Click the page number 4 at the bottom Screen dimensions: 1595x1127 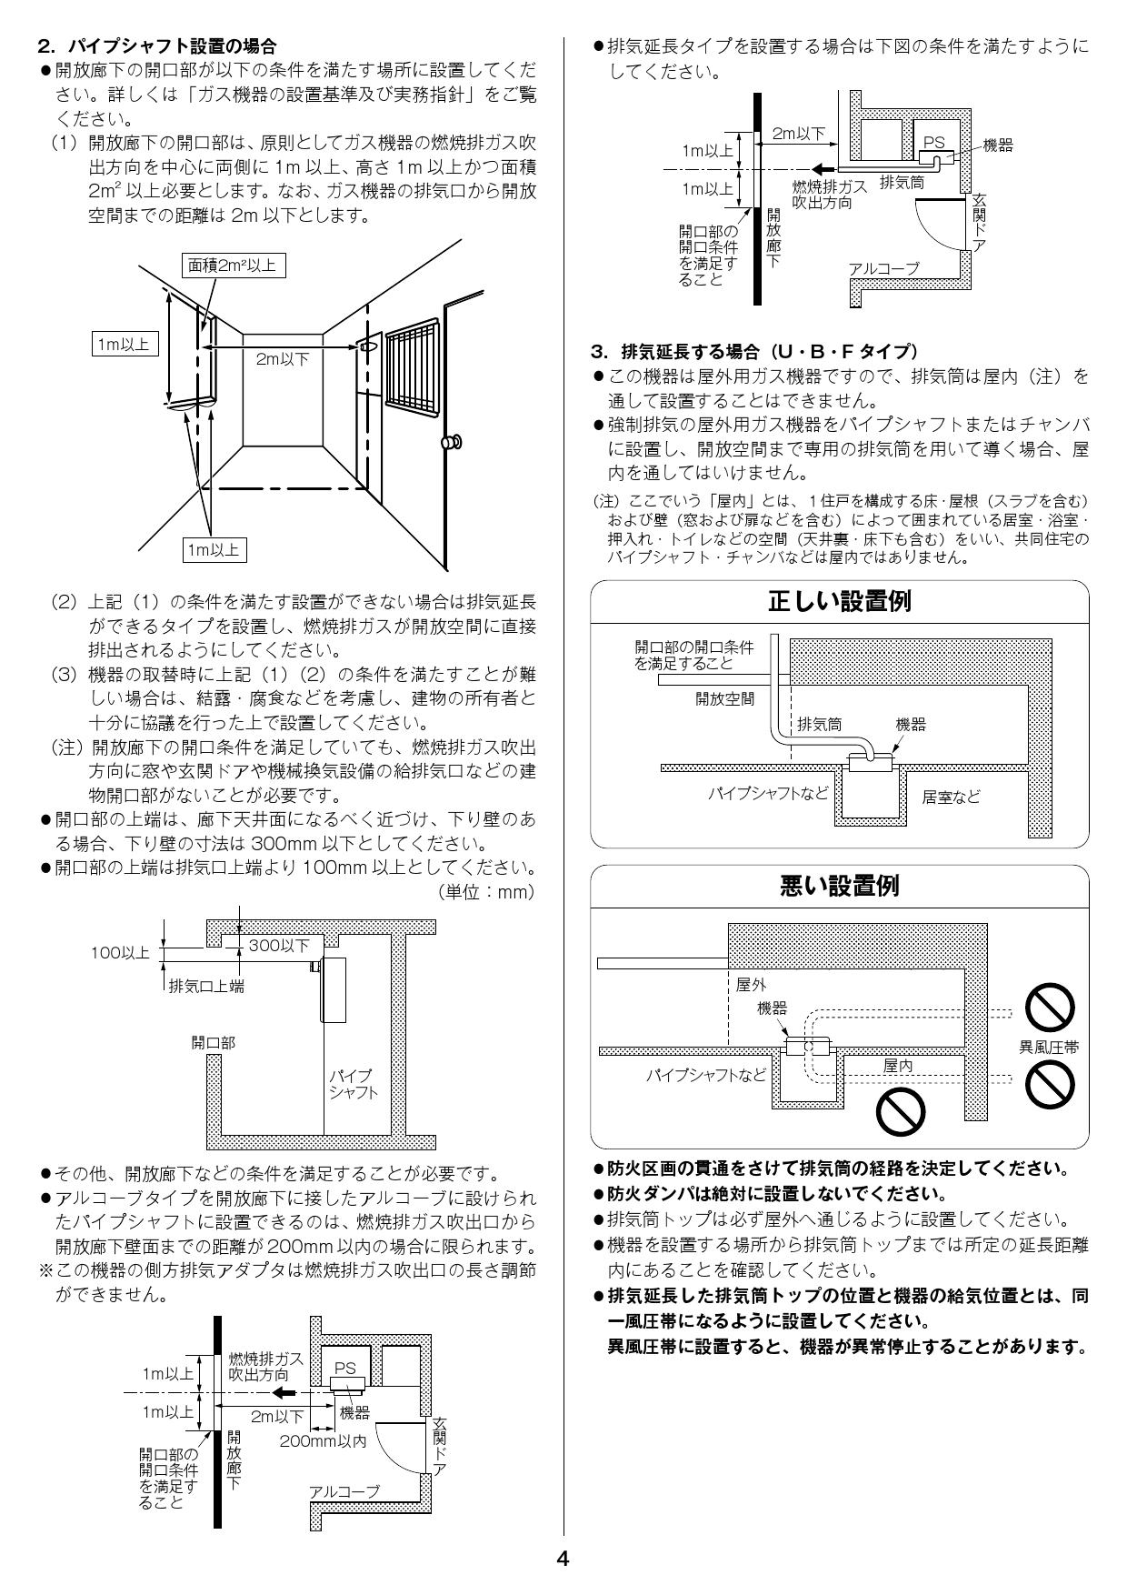[563, 1559]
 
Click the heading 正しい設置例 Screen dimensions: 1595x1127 [839, 603]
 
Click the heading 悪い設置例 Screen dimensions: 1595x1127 [839, 886]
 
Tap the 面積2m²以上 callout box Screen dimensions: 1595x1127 [232, 266]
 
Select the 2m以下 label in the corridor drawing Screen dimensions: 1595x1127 [282, 359]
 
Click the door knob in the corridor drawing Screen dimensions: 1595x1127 [450, 443]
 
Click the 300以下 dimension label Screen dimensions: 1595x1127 [279, 946]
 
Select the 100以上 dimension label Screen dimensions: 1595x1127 [119, 952]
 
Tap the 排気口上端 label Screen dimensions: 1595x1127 [206, 986]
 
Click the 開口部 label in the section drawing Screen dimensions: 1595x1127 [213, 1043]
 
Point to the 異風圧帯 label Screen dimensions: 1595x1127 [1049, 1048]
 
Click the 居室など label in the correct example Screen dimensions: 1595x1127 [951, 797]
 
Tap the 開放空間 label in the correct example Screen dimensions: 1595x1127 [724, 699]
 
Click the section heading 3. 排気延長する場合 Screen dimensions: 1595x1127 [754, 351]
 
